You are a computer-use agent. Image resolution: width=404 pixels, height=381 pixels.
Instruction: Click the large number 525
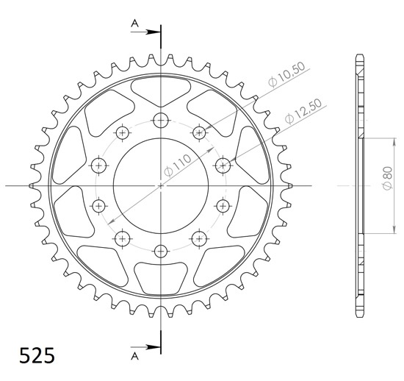37,355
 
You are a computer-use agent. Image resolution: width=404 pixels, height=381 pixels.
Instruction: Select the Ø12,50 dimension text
303,111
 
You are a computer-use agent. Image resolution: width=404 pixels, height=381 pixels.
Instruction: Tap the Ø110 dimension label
178,165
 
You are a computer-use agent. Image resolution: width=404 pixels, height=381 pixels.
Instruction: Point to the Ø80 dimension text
388,178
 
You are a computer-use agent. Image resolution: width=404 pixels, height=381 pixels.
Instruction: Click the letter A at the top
134,24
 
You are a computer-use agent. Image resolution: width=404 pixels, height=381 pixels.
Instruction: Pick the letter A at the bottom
134,357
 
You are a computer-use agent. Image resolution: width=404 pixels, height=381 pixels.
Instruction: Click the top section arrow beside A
145,32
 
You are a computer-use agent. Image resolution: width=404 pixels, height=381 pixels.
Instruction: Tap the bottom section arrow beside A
145,347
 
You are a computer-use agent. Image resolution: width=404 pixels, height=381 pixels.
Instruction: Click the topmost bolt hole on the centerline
161,120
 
